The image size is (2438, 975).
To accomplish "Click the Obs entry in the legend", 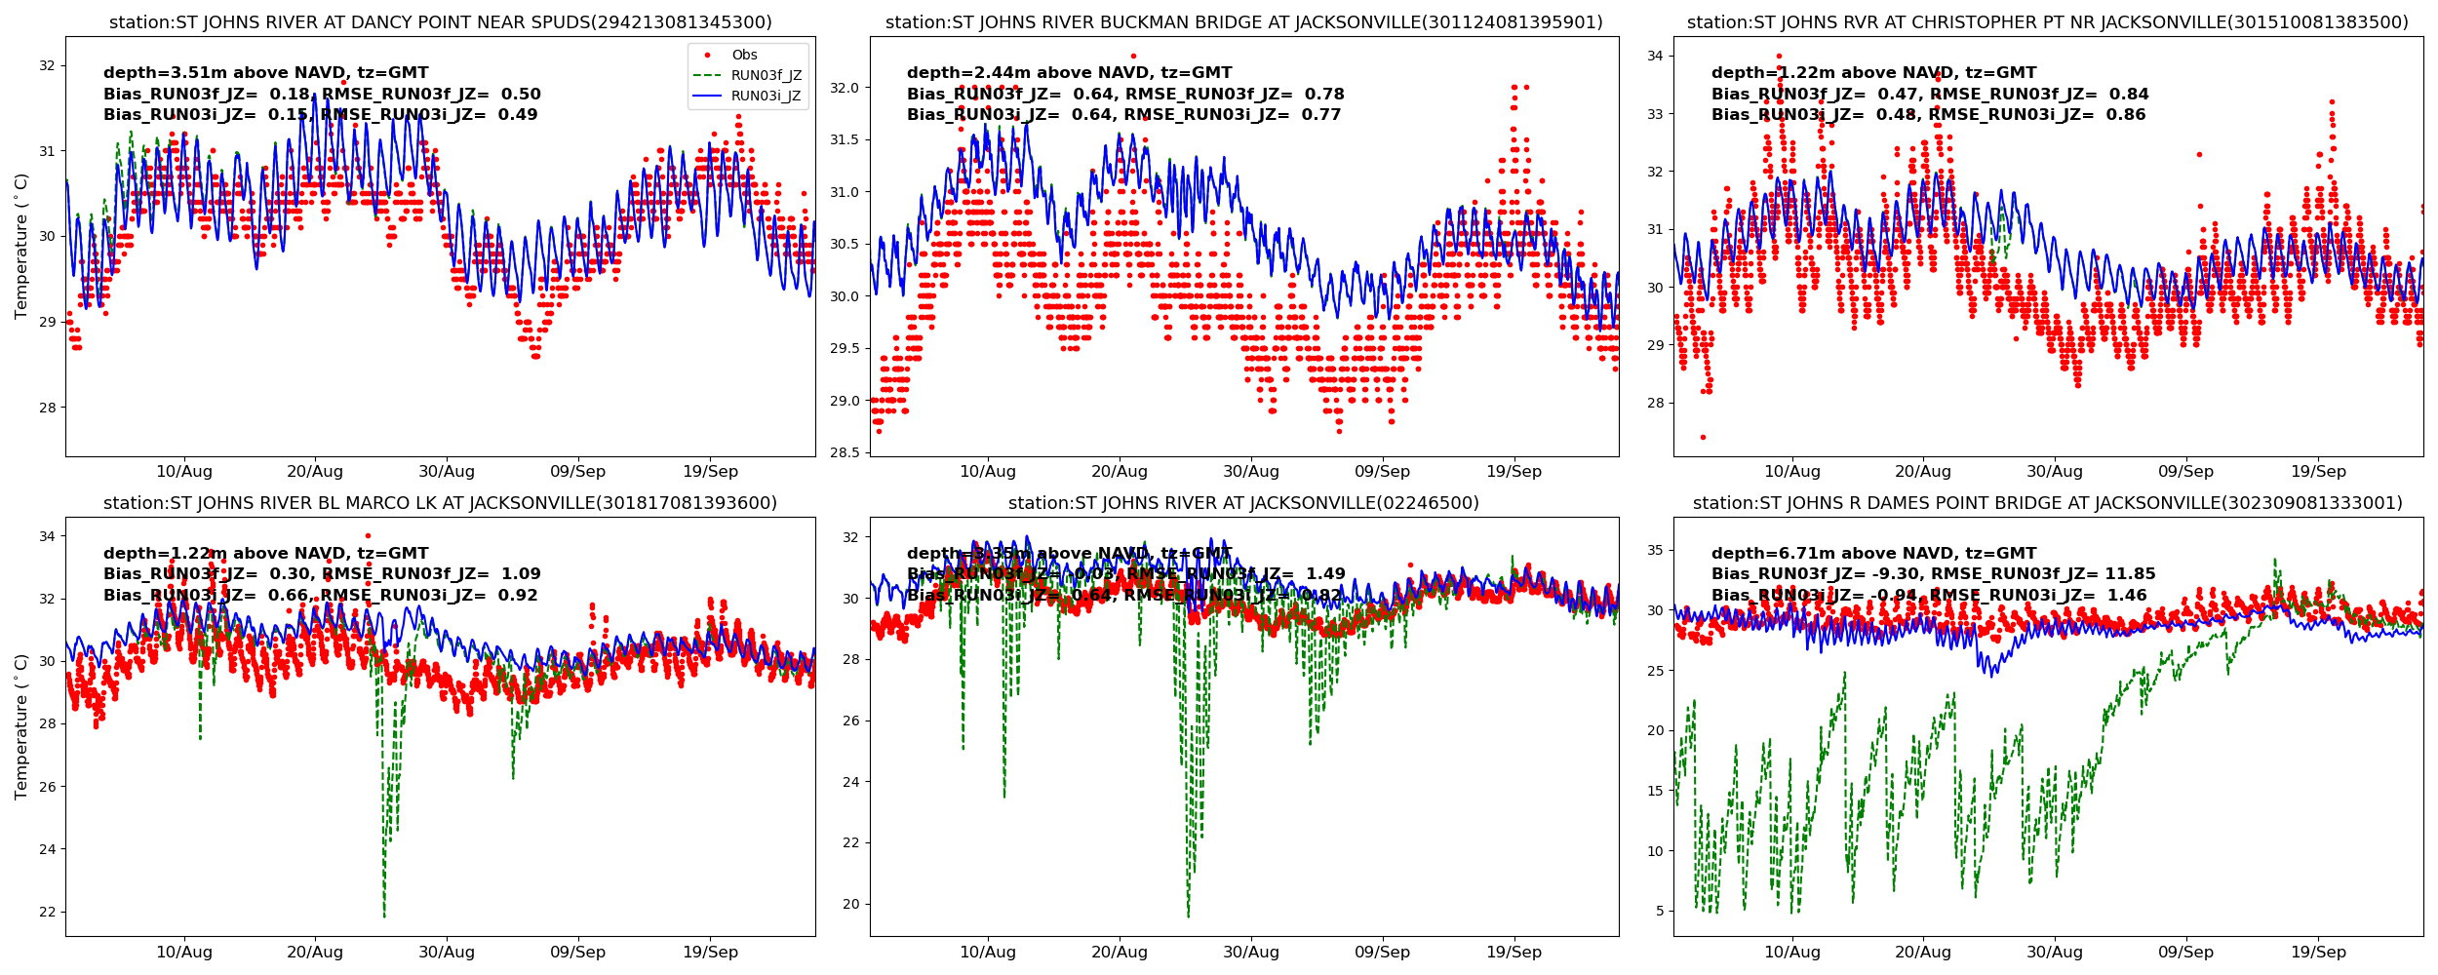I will coord(744,56).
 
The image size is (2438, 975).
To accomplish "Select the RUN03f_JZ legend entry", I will coord(766,76).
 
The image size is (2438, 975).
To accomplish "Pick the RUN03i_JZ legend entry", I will coord(766,97).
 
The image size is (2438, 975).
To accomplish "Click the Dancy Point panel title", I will coord(441,22).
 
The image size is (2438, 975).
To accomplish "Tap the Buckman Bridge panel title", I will coord(1244,22).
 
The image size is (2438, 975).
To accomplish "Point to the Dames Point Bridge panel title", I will coord(2048,503).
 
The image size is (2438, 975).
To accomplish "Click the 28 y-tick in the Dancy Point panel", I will coord(48,408).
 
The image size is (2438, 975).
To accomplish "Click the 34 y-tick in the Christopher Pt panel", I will coord(1655,56).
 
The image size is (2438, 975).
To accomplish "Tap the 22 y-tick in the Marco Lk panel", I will coord(48,912).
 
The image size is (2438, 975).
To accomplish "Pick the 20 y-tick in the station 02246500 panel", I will coord(851,904).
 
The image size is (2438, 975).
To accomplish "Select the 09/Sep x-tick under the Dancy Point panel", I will coord(578,472).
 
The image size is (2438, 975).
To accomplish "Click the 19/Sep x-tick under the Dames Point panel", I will coord(2318,953).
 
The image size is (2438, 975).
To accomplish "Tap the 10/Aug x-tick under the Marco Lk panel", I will coord(184,953).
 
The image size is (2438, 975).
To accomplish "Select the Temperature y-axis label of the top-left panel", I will coord(21,246).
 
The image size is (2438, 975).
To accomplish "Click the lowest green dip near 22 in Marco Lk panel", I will coord(384,916).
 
